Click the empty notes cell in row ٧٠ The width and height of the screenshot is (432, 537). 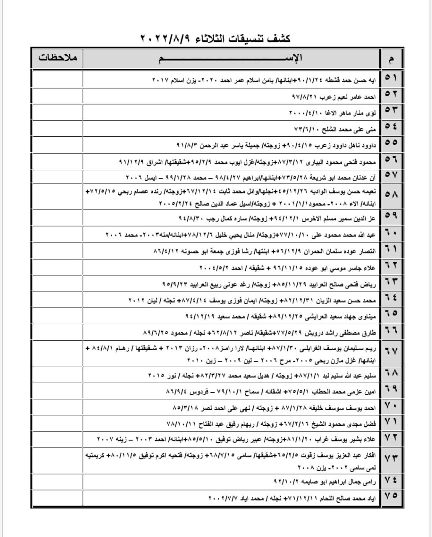[58, 407]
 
